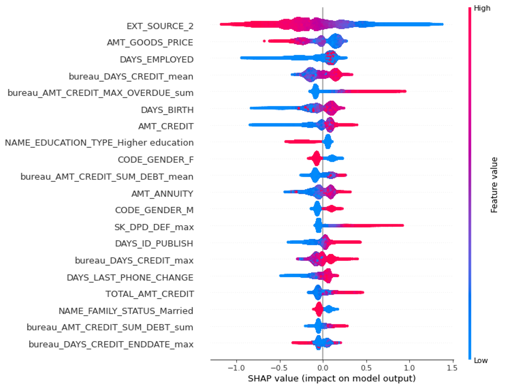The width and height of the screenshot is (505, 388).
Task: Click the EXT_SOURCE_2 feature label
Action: (160, 26)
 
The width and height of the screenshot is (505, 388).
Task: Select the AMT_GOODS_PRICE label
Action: (150, 43)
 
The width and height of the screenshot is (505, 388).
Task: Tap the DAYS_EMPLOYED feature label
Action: (157, 60)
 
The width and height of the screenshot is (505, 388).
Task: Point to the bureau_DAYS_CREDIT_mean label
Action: (131, 76)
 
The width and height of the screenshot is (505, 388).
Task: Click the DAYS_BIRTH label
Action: (167, 109)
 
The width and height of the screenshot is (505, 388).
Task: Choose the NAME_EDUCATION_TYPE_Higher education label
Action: (99, 143)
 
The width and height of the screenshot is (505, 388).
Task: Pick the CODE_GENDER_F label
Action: (155, 159)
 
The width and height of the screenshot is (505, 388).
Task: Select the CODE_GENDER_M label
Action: (154, 210)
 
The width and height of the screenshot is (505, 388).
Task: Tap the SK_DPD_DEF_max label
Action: (154, 227)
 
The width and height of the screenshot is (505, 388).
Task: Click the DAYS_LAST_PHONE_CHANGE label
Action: (130, 277)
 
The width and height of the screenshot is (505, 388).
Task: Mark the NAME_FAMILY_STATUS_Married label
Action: (126, 311)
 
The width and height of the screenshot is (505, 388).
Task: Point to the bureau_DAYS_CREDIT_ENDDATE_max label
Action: (111, 344)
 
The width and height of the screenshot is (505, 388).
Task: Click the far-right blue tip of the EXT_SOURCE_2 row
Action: (442, 24)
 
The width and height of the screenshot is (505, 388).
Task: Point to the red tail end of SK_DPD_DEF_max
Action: (402, 225)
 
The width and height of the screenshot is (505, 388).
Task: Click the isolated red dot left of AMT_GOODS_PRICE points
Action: (264, 41)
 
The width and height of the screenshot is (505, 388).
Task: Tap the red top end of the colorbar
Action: (470, 8)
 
